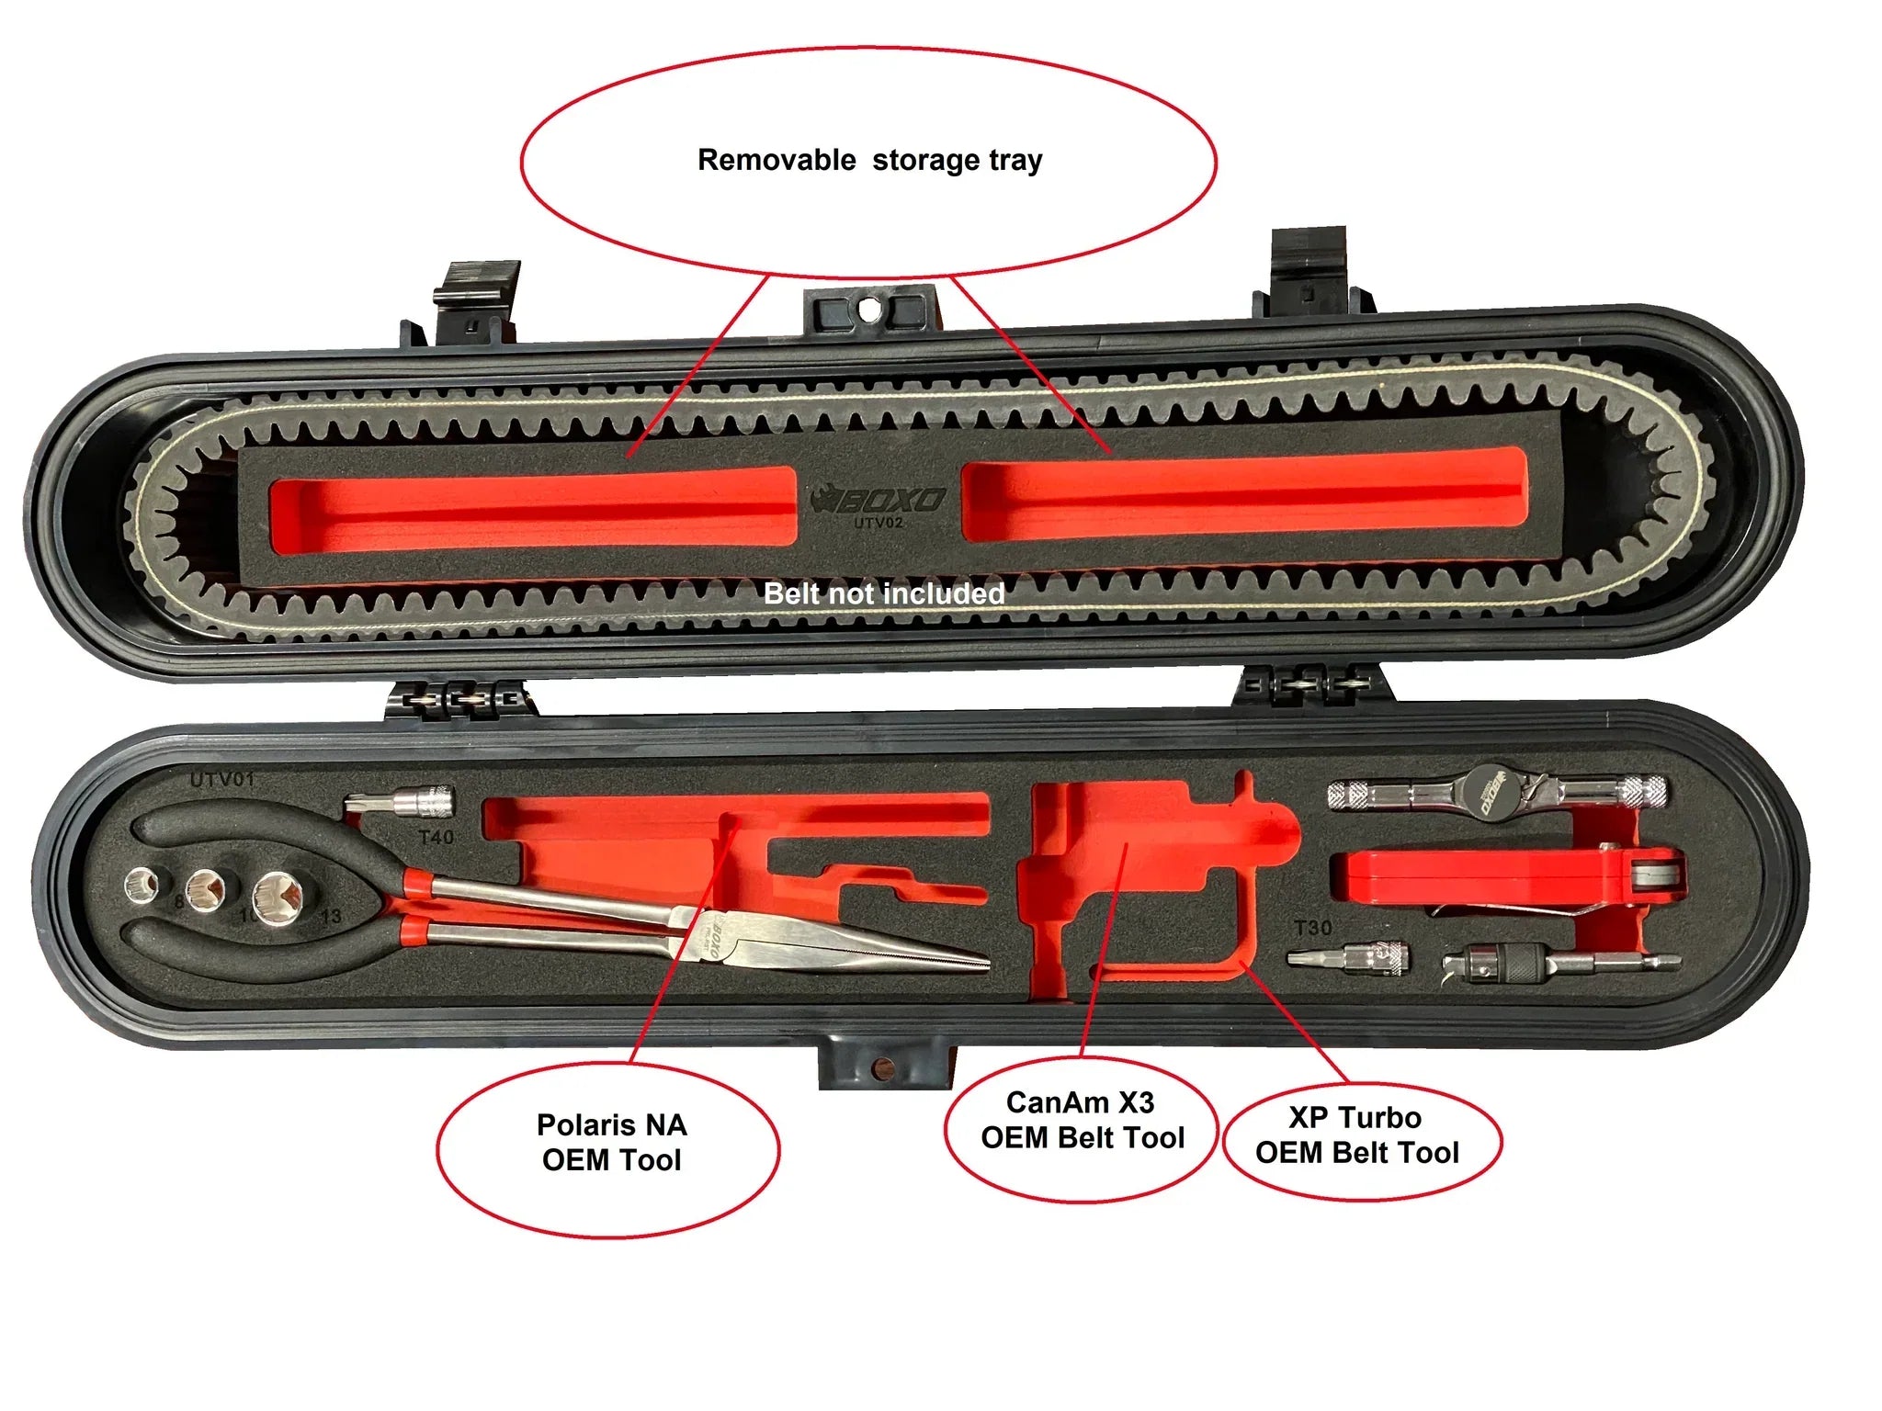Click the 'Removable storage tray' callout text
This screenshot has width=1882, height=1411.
(x=869, y=160)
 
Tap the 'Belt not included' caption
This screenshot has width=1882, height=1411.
(x=884, y=593)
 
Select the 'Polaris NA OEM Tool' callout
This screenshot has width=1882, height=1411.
(x=611, y=1143)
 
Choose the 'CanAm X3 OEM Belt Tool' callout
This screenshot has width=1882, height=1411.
(x=1082, y=1120)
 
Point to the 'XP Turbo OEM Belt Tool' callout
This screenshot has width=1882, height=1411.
(x=1356, y=1135)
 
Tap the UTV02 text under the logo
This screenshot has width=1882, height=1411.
(x=879, y=524)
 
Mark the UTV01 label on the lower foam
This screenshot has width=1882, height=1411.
(x=221, y=780)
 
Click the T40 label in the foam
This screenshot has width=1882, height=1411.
(x=436, y=837)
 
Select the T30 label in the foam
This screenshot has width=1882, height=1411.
(x=1312, y=928)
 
